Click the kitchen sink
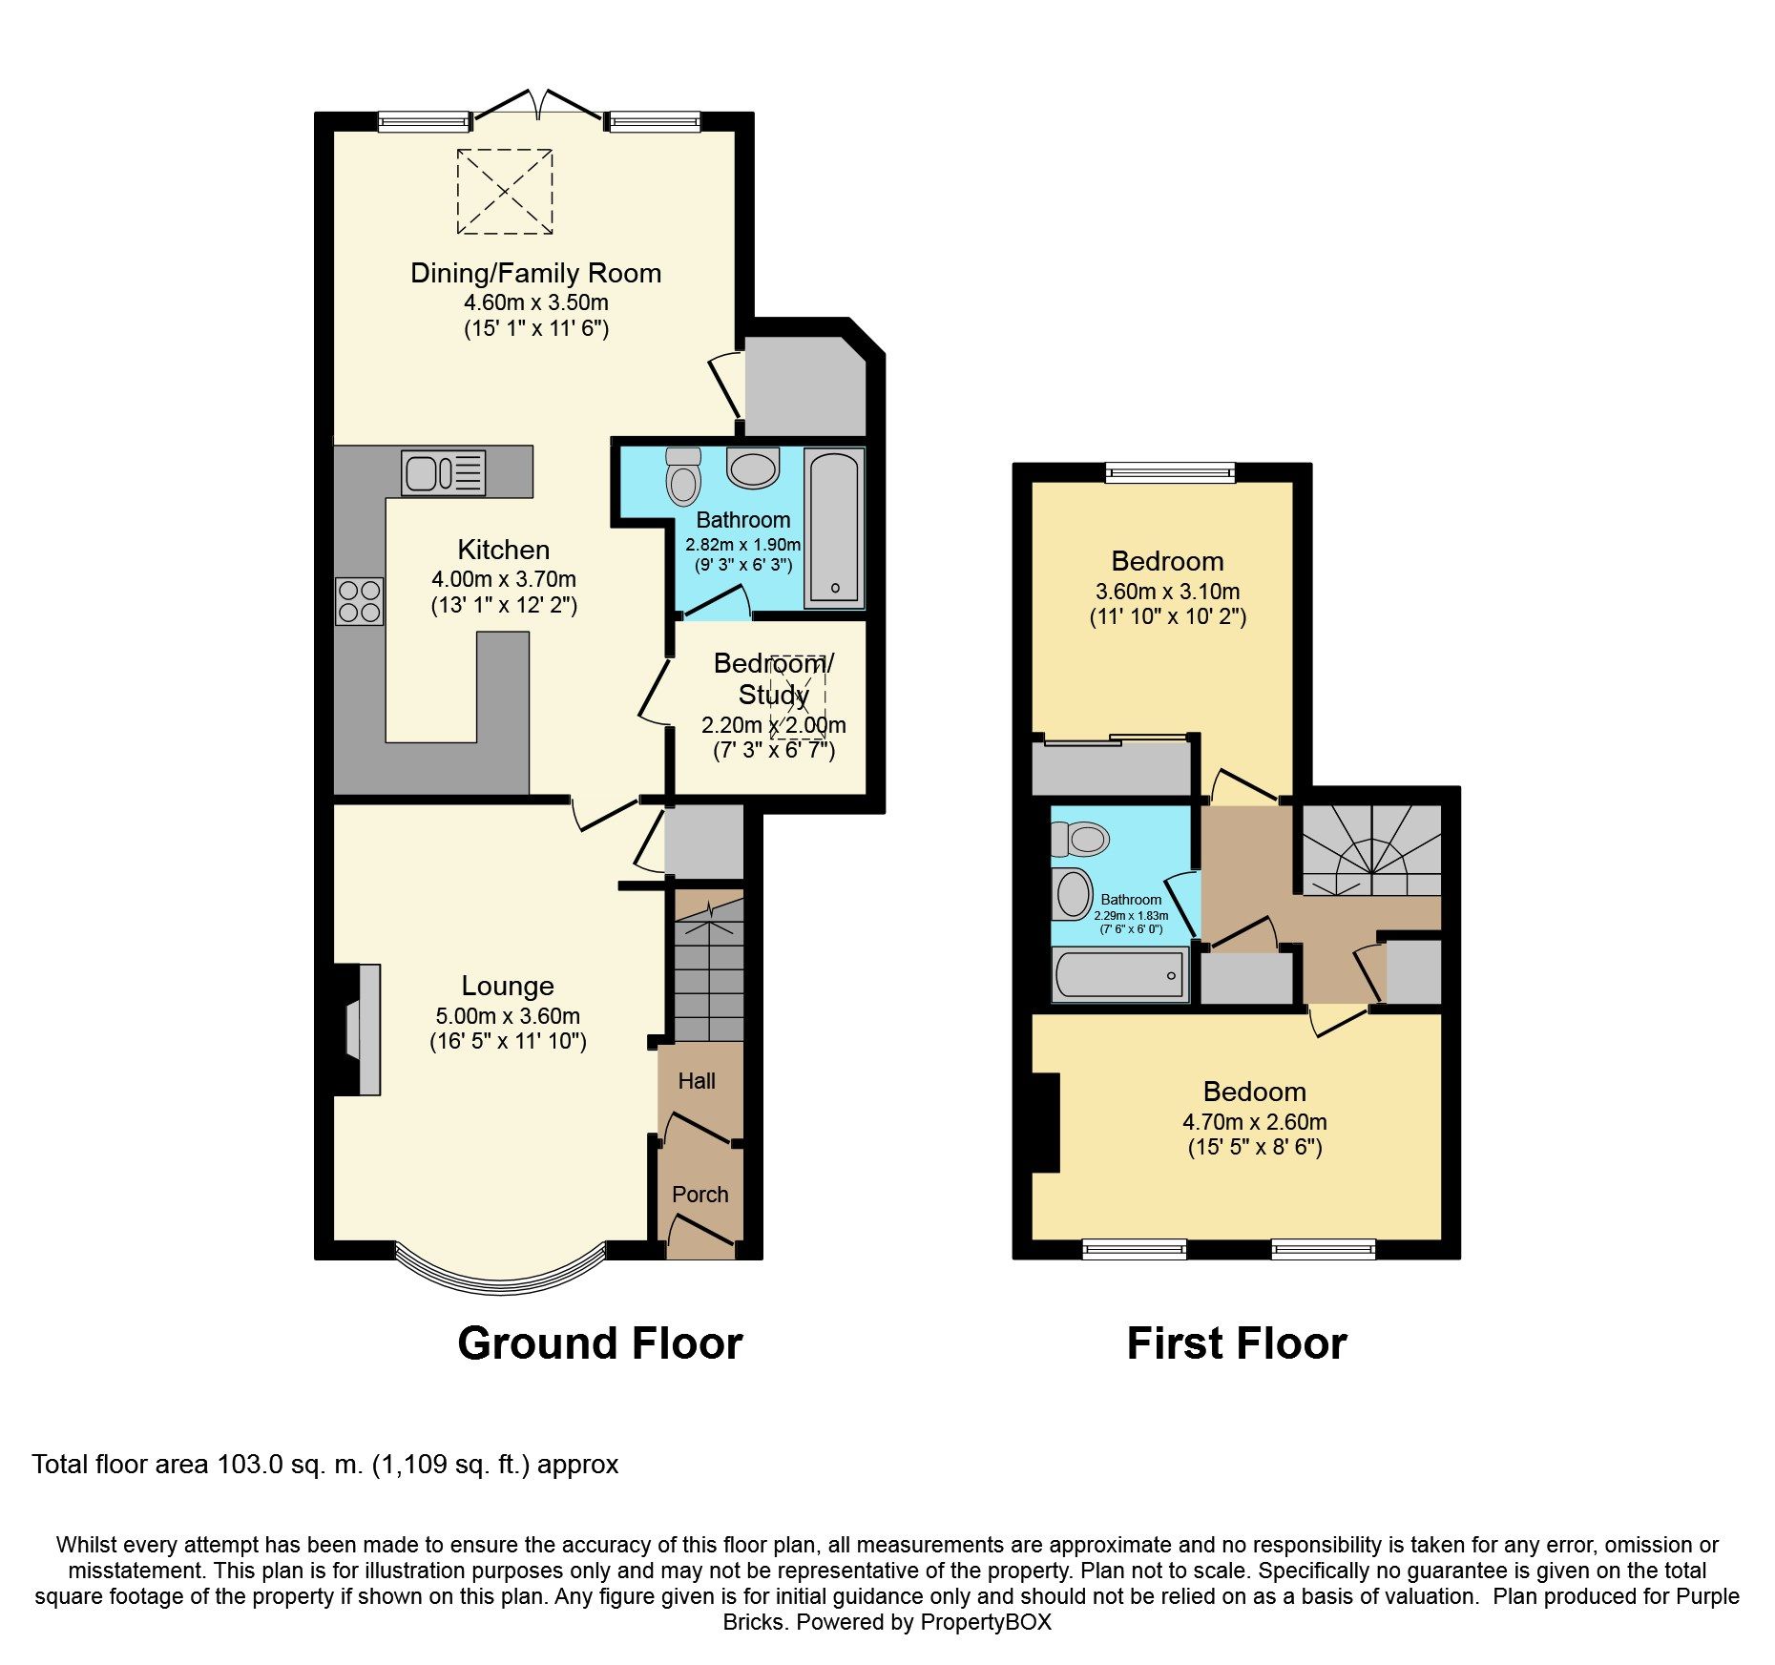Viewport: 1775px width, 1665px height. click(443, 472)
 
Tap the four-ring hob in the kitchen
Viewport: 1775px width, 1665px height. click(360, 601)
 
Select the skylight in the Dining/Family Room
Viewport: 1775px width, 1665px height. click(505, 191)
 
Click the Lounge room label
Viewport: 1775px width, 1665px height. click(507, 986)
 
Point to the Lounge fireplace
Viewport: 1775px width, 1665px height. click(365, 1029)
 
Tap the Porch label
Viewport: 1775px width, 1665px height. click(700, 1195)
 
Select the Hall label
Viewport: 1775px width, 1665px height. click(697, 1081)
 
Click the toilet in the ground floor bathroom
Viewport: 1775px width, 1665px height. click(683, 477)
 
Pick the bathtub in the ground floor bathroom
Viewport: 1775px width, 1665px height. click(834, 527)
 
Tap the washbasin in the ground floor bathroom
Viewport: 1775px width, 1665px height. click(753, 468)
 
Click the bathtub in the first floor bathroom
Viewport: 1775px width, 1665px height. click(1120, 975)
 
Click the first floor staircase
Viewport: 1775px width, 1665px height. click(1372, 850)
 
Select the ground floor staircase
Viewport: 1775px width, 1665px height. click(709, 968)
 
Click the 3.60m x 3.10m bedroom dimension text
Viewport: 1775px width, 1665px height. click(1167, 592)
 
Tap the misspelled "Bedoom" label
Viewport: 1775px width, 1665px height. click(1254, 1092)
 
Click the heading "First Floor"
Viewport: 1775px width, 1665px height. click(1236, 1343)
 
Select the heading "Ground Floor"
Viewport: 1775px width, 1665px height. click(599, 1343)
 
